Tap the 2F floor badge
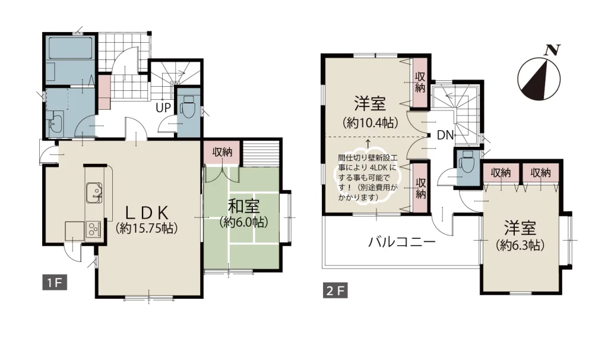pos(335,291)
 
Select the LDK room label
pos(148,212)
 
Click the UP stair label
pos(163,108)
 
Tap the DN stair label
pos(445,135)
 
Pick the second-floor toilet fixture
pos(467,161)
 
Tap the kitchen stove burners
pos(94,229)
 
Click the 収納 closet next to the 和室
pos(223,152)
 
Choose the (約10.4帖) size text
pos(370,123)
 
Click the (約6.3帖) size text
pos(521,244)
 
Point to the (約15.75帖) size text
pos(148,228)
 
